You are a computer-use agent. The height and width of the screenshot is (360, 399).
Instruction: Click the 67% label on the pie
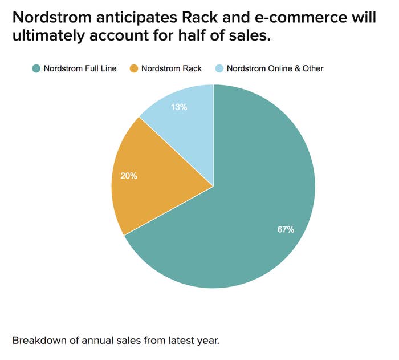click(286, 229)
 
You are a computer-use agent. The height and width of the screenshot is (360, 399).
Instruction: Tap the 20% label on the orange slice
click(129, 176)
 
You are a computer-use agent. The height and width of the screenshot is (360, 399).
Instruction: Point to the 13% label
click(179, 107)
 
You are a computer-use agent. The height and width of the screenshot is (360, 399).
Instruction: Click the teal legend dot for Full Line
click(36, 68)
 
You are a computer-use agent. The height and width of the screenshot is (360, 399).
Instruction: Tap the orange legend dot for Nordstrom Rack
click(134, 68)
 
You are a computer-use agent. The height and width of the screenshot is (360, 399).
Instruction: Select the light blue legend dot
click(219, 68)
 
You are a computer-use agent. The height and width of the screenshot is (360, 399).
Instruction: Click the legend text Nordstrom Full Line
click(80, 68)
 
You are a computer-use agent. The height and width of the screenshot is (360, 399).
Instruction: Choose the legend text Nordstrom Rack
click(172, 68)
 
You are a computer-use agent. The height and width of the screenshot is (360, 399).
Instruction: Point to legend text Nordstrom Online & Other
click(275, 68)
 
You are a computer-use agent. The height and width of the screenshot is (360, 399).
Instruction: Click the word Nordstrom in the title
click(52, 17)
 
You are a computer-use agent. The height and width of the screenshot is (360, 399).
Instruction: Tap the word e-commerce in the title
click(300, 17)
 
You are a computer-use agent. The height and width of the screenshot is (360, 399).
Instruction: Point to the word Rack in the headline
click(199, 17)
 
